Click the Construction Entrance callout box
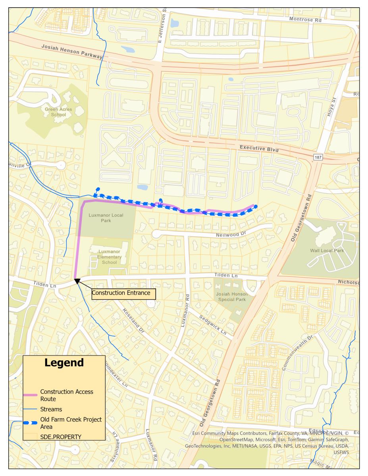(123, 294)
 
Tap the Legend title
(64, 363)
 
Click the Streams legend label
(51, 408)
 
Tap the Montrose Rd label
(304, 19)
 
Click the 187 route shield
(320, 157)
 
